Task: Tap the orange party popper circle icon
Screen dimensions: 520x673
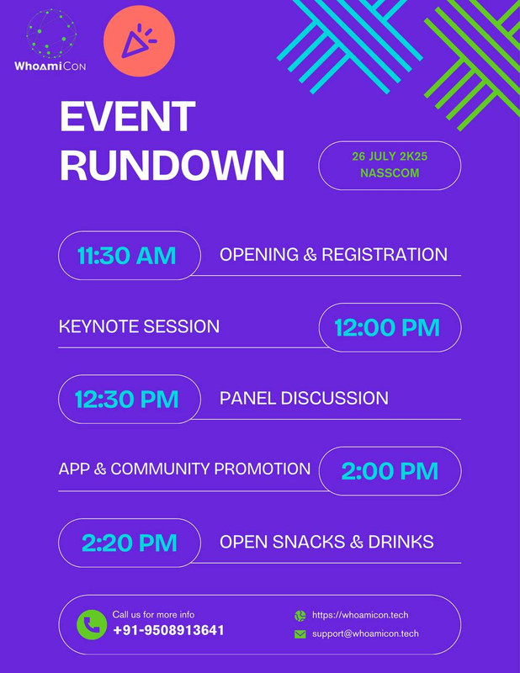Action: point(139,41)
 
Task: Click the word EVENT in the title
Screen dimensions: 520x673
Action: point(128,116)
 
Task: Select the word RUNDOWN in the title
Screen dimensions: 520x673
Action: point(172,165)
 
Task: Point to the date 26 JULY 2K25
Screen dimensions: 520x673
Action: point(390,156)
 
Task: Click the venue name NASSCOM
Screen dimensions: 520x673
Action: point(390,173)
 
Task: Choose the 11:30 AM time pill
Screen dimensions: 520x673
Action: point(130,256)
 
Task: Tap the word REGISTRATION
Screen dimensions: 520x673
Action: point(385,255)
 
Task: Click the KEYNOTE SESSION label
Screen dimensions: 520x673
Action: point(139,326)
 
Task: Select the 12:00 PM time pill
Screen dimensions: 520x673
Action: point(390,327)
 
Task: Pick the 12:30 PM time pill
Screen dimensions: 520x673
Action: point(130,399)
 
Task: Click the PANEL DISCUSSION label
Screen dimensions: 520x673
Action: point(304,398)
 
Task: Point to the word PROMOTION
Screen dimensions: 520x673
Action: point(263,469)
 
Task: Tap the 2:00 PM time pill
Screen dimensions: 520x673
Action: point(390,471)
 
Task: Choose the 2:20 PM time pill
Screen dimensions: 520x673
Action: point(130,543)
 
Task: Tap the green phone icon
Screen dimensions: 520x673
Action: point(92,624)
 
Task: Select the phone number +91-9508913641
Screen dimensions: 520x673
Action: point(168,630)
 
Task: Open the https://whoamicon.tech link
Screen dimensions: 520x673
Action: point(360,615)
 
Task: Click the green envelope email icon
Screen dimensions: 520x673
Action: point(300,634)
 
